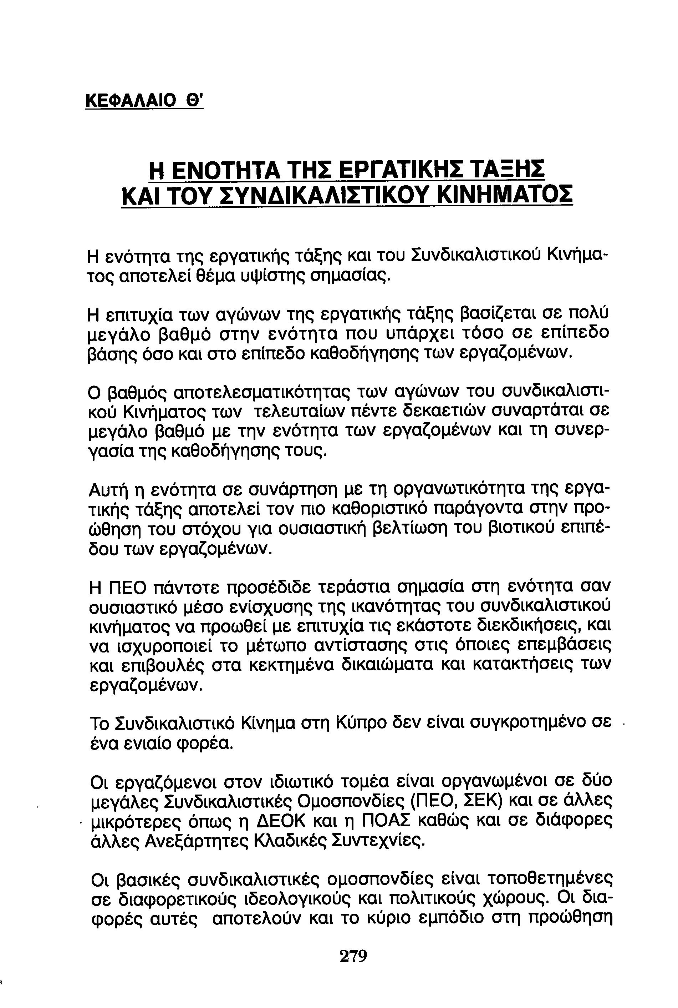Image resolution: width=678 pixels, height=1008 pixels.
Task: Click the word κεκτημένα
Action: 292,665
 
